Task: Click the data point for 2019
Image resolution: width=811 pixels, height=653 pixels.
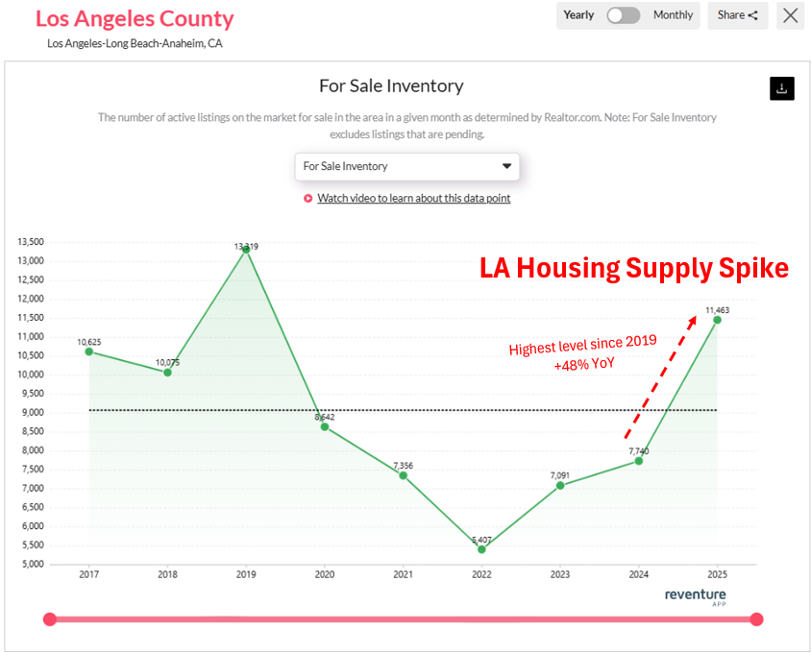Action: (x=246, y=250)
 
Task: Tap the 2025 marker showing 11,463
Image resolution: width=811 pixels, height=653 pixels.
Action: (x=716, y=319)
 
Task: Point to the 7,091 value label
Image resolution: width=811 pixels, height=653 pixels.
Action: (x=559, y=474)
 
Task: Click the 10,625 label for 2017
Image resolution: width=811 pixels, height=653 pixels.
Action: (x=89, y=341)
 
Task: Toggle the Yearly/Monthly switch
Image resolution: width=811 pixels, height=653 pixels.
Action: (x=624, y=15)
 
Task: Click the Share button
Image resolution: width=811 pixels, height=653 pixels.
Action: (x=737, y=15)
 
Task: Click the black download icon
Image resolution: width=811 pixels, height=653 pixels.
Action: (x=781, y=88)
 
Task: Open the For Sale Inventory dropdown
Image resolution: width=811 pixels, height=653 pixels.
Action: (x=406, y=166)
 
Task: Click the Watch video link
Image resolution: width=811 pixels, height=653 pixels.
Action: (x=413, y=198)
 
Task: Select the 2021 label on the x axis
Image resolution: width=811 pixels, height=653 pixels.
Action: (x=403, y=574)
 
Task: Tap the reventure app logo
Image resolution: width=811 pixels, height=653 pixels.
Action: (x=695, y=596)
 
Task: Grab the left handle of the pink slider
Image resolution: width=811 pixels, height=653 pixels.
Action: (x=50, y=619)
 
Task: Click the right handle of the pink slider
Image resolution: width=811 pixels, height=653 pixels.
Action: (x=756, y=619)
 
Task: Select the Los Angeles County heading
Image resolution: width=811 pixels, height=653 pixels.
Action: (x=135, y=18)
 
